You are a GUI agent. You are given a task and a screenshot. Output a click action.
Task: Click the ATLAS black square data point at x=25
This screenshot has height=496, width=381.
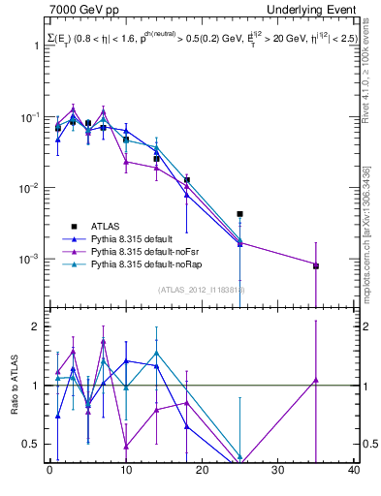coord(239,214)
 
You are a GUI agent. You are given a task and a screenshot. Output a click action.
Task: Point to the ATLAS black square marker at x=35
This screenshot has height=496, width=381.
coord(316,265)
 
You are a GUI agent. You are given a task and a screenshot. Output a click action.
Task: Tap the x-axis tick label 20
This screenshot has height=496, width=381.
coord(202,471)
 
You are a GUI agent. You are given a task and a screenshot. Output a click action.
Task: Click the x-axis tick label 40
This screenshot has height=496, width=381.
coord(354,471)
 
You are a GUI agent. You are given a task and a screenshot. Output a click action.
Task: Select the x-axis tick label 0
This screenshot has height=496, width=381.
coord(49,471)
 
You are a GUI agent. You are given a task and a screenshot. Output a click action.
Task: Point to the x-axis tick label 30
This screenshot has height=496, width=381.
coord(278,471)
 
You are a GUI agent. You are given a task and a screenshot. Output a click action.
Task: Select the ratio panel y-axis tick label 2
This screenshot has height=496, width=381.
coord(37,326)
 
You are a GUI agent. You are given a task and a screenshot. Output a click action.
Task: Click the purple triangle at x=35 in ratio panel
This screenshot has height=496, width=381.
coord(316,380)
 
